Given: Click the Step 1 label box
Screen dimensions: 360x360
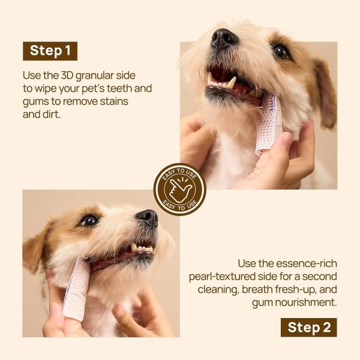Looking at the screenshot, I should (x=50, y=51).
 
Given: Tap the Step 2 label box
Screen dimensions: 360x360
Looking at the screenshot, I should (x=309, y=327).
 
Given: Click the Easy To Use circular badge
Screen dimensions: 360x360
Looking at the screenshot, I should (x=180, y=190).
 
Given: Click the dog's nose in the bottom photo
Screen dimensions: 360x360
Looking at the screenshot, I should (x=147, y=217).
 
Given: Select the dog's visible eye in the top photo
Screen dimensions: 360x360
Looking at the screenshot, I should (x=280, y=52).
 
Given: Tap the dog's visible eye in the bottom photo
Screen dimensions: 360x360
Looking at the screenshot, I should (x=89, y=221).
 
